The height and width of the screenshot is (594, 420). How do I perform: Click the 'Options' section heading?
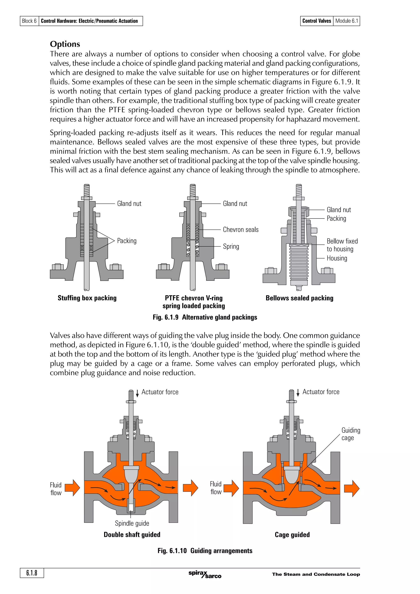(65, 44)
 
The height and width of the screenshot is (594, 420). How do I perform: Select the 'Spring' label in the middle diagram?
(231, 246)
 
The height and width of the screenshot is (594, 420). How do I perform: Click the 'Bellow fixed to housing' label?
(342, 245)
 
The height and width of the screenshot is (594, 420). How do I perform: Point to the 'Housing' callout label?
(337, 258)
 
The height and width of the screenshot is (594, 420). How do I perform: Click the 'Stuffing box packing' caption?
(87, 298)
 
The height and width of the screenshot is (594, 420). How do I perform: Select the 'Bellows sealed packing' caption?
(299, 298)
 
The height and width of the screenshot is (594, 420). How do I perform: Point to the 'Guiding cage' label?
(351, 434)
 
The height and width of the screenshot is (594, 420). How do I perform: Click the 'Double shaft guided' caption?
(132, 535)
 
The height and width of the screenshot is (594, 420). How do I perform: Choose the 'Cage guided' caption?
(292, 535)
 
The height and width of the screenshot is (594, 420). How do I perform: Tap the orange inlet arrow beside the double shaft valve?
(72, 488)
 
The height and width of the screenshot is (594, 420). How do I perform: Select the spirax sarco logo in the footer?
(205, 574)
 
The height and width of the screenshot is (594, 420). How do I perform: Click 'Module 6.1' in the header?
(347, 21)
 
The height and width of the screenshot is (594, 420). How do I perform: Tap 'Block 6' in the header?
(29, 21)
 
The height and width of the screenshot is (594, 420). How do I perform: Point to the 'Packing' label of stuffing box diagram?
(127, 241)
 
